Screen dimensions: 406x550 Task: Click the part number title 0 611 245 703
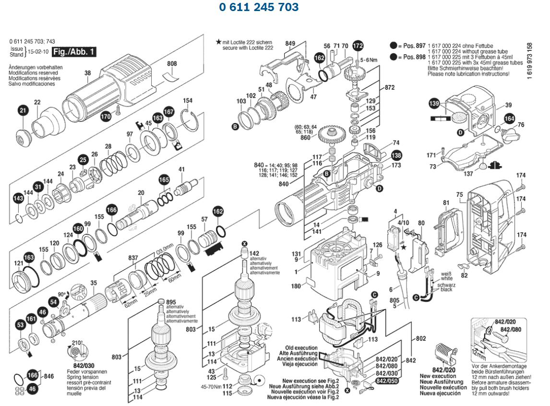pos(259,7)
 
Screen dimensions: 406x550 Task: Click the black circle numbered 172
pos(358,46)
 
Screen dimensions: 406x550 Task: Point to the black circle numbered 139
pos(434,103)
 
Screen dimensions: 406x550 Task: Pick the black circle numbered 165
pos(164,179)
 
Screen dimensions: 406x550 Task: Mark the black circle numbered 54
pos(54,302)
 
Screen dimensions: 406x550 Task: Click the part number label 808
pos(172,63)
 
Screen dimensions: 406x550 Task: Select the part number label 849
pos(290,44)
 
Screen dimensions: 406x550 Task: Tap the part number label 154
pos(188,101)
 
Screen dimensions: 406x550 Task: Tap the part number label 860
pos(305,138)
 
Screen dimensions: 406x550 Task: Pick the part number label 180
pos(295,287)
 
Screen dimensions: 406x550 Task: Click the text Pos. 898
pos(414,57)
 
